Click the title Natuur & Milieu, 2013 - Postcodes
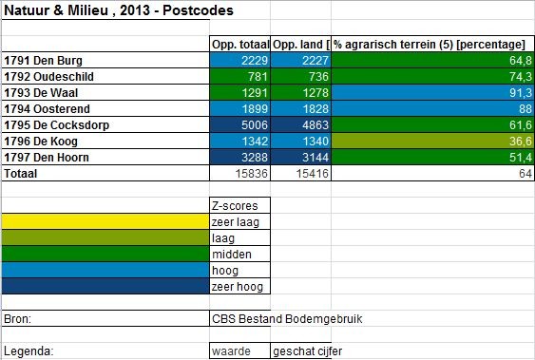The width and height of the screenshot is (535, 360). pos(120,11)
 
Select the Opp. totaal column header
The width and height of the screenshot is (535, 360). pos(239,45)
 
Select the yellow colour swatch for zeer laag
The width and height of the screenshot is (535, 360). pos(105,221)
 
